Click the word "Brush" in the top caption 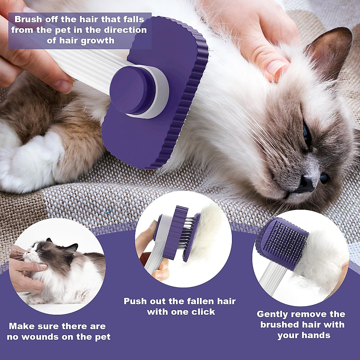pos(28,20)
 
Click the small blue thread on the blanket pos(109,212)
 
